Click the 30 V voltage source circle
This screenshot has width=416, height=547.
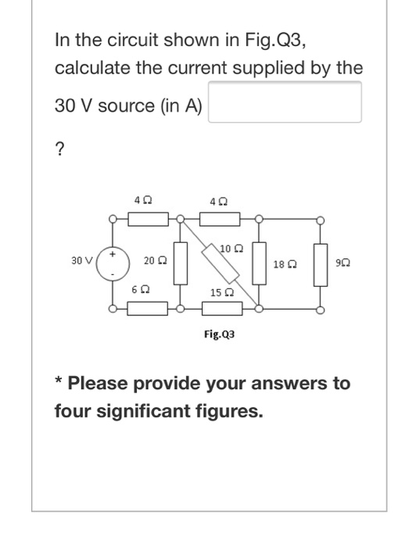(x=113, y=264)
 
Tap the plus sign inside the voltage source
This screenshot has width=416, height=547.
(x=113, y=254)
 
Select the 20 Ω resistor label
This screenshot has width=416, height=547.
(x=153, y=261)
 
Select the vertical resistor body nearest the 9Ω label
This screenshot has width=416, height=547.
(x=319, y=263)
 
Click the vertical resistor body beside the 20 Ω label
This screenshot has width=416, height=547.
(x=181, y=264)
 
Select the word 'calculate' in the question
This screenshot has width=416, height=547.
(x=88, y=68)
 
